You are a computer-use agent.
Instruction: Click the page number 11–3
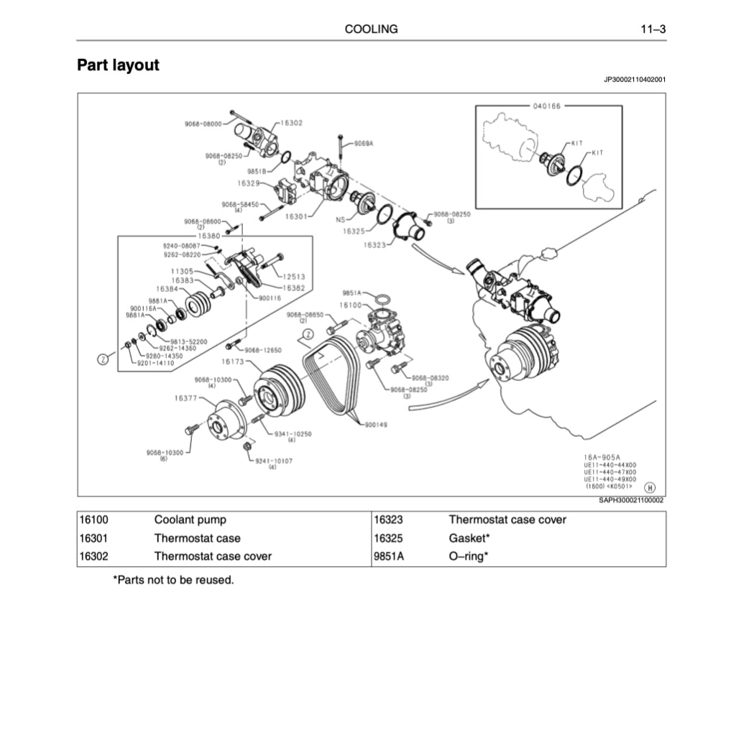(x=653, y=29)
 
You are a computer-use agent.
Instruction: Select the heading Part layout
(x=118, y=65)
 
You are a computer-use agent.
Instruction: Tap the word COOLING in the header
(x=371, y=29)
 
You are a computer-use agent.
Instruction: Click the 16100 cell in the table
(x=93, y=520)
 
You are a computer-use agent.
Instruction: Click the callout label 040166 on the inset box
(x=547, y=106)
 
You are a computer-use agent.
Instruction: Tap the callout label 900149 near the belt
(x=375, y=425)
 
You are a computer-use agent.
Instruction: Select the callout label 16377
(x=186, y=397)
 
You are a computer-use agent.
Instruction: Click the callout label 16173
(x=234, y=362)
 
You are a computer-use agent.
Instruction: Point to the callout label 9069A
(x=364, y=143)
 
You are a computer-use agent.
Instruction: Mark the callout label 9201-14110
(x=155, y=363)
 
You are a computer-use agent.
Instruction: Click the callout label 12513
(x=294, y=276)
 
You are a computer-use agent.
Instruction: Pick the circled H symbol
(x=650, y=487)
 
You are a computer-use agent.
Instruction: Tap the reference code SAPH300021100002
(x=631, y=500)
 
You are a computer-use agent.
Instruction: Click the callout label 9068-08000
(x=203, y=124)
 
